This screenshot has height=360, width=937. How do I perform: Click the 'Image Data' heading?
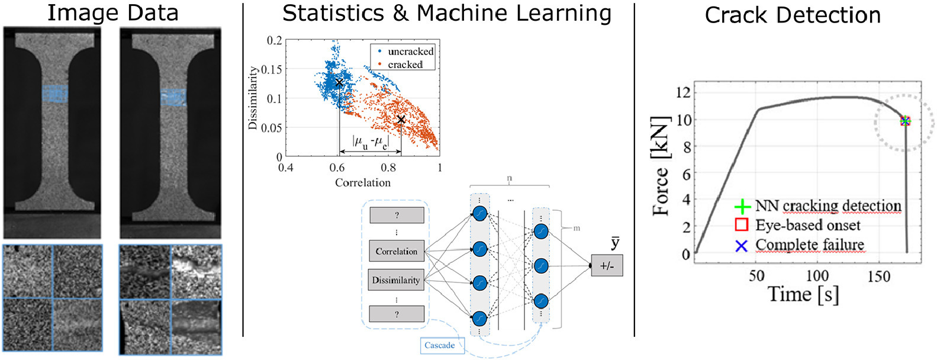[x=112, y=12]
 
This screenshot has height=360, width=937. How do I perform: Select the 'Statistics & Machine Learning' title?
[x=447, y=12]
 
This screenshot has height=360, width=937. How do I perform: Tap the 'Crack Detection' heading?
[x=792, y=15]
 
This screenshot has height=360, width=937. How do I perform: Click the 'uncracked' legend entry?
[x=410, y=52]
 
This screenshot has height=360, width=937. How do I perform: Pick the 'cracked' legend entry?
[x=405, y=65]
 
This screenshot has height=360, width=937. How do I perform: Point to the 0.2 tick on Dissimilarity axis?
[x=274, y=40]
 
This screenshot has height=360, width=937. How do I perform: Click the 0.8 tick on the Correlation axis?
[x=388, y=168]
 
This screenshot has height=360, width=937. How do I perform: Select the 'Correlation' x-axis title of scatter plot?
[x=362, y=183]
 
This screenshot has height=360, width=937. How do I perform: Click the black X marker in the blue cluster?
[x=339, y=83]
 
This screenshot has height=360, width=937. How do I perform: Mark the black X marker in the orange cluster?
[x=401, y=120]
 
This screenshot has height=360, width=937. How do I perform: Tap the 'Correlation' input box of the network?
[x=397, y=251]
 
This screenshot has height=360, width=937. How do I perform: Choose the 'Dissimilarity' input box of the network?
[x=396, y=280]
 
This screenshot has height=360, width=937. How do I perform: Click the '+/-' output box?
[x=607, y=266]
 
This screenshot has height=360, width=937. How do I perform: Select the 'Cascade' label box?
[x=439, y=345]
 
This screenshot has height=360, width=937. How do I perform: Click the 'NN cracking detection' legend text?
[x=827, y=206]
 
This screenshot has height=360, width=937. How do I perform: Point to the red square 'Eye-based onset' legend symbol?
[x=741, y=225]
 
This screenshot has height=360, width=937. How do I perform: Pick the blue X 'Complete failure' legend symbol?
[x=741, y=245]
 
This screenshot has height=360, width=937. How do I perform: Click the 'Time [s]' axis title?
[x=803, y=294]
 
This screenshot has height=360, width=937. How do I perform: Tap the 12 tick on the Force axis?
[x=683, y=92]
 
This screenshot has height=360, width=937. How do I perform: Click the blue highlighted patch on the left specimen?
[x=55, y=93]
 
